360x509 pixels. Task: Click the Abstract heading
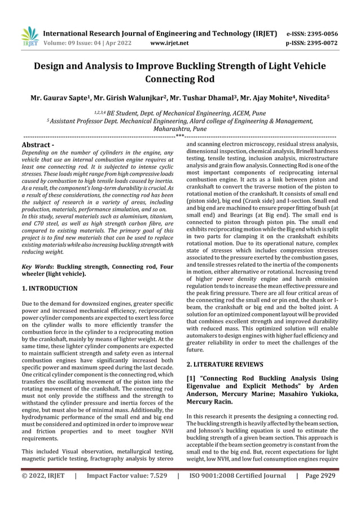tap(37, 146)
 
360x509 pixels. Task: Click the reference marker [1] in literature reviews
tap(192, 378)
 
